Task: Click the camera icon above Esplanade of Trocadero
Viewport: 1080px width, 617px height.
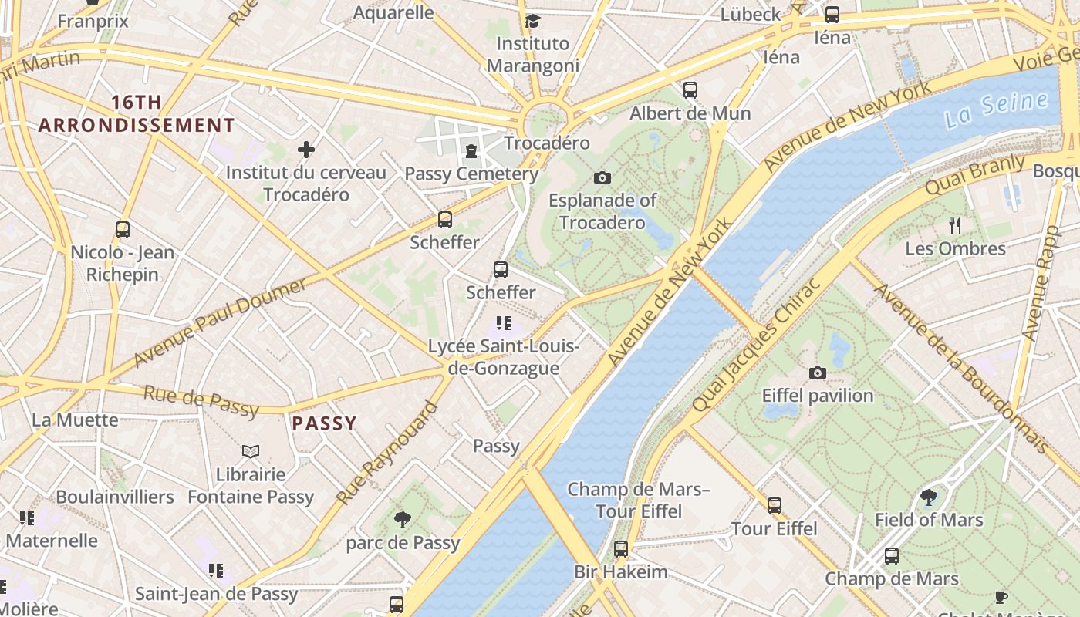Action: tap(602, 178)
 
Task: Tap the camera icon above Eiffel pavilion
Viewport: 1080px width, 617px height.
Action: tap(818, 373)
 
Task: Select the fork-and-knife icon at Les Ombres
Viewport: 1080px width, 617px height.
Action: tap(955, 225)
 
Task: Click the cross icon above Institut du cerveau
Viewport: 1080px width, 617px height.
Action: tap(306, 149)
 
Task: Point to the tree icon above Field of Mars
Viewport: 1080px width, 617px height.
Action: tap(929, 497)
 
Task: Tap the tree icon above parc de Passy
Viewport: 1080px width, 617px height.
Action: tap(402, 520)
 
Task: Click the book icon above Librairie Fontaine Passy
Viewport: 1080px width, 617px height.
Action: tap(251, 451)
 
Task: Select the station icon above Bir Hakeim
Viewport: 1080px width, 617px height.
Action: tap(621, 549)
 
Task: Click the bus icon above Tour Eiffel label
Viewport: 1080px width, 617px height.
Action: tap(775, 506)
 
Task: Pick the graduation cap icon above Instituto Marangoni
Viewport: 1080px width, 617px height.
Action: tap(532, 21)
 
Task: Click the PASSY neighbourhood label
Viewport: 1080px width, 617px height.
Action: tap(324, 423)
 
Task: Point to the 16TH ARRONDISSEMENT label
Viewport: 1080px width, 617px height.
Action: tap(137, 113)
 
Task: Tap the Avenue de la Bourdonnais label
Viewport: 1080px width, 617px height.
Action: tap(960, 369)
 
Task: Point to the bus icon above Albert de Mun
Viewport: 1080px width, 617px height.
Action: tap(690, 90)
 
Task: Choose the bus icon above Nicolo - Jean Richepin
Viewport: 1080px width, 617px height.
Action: tap(123, 229)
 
